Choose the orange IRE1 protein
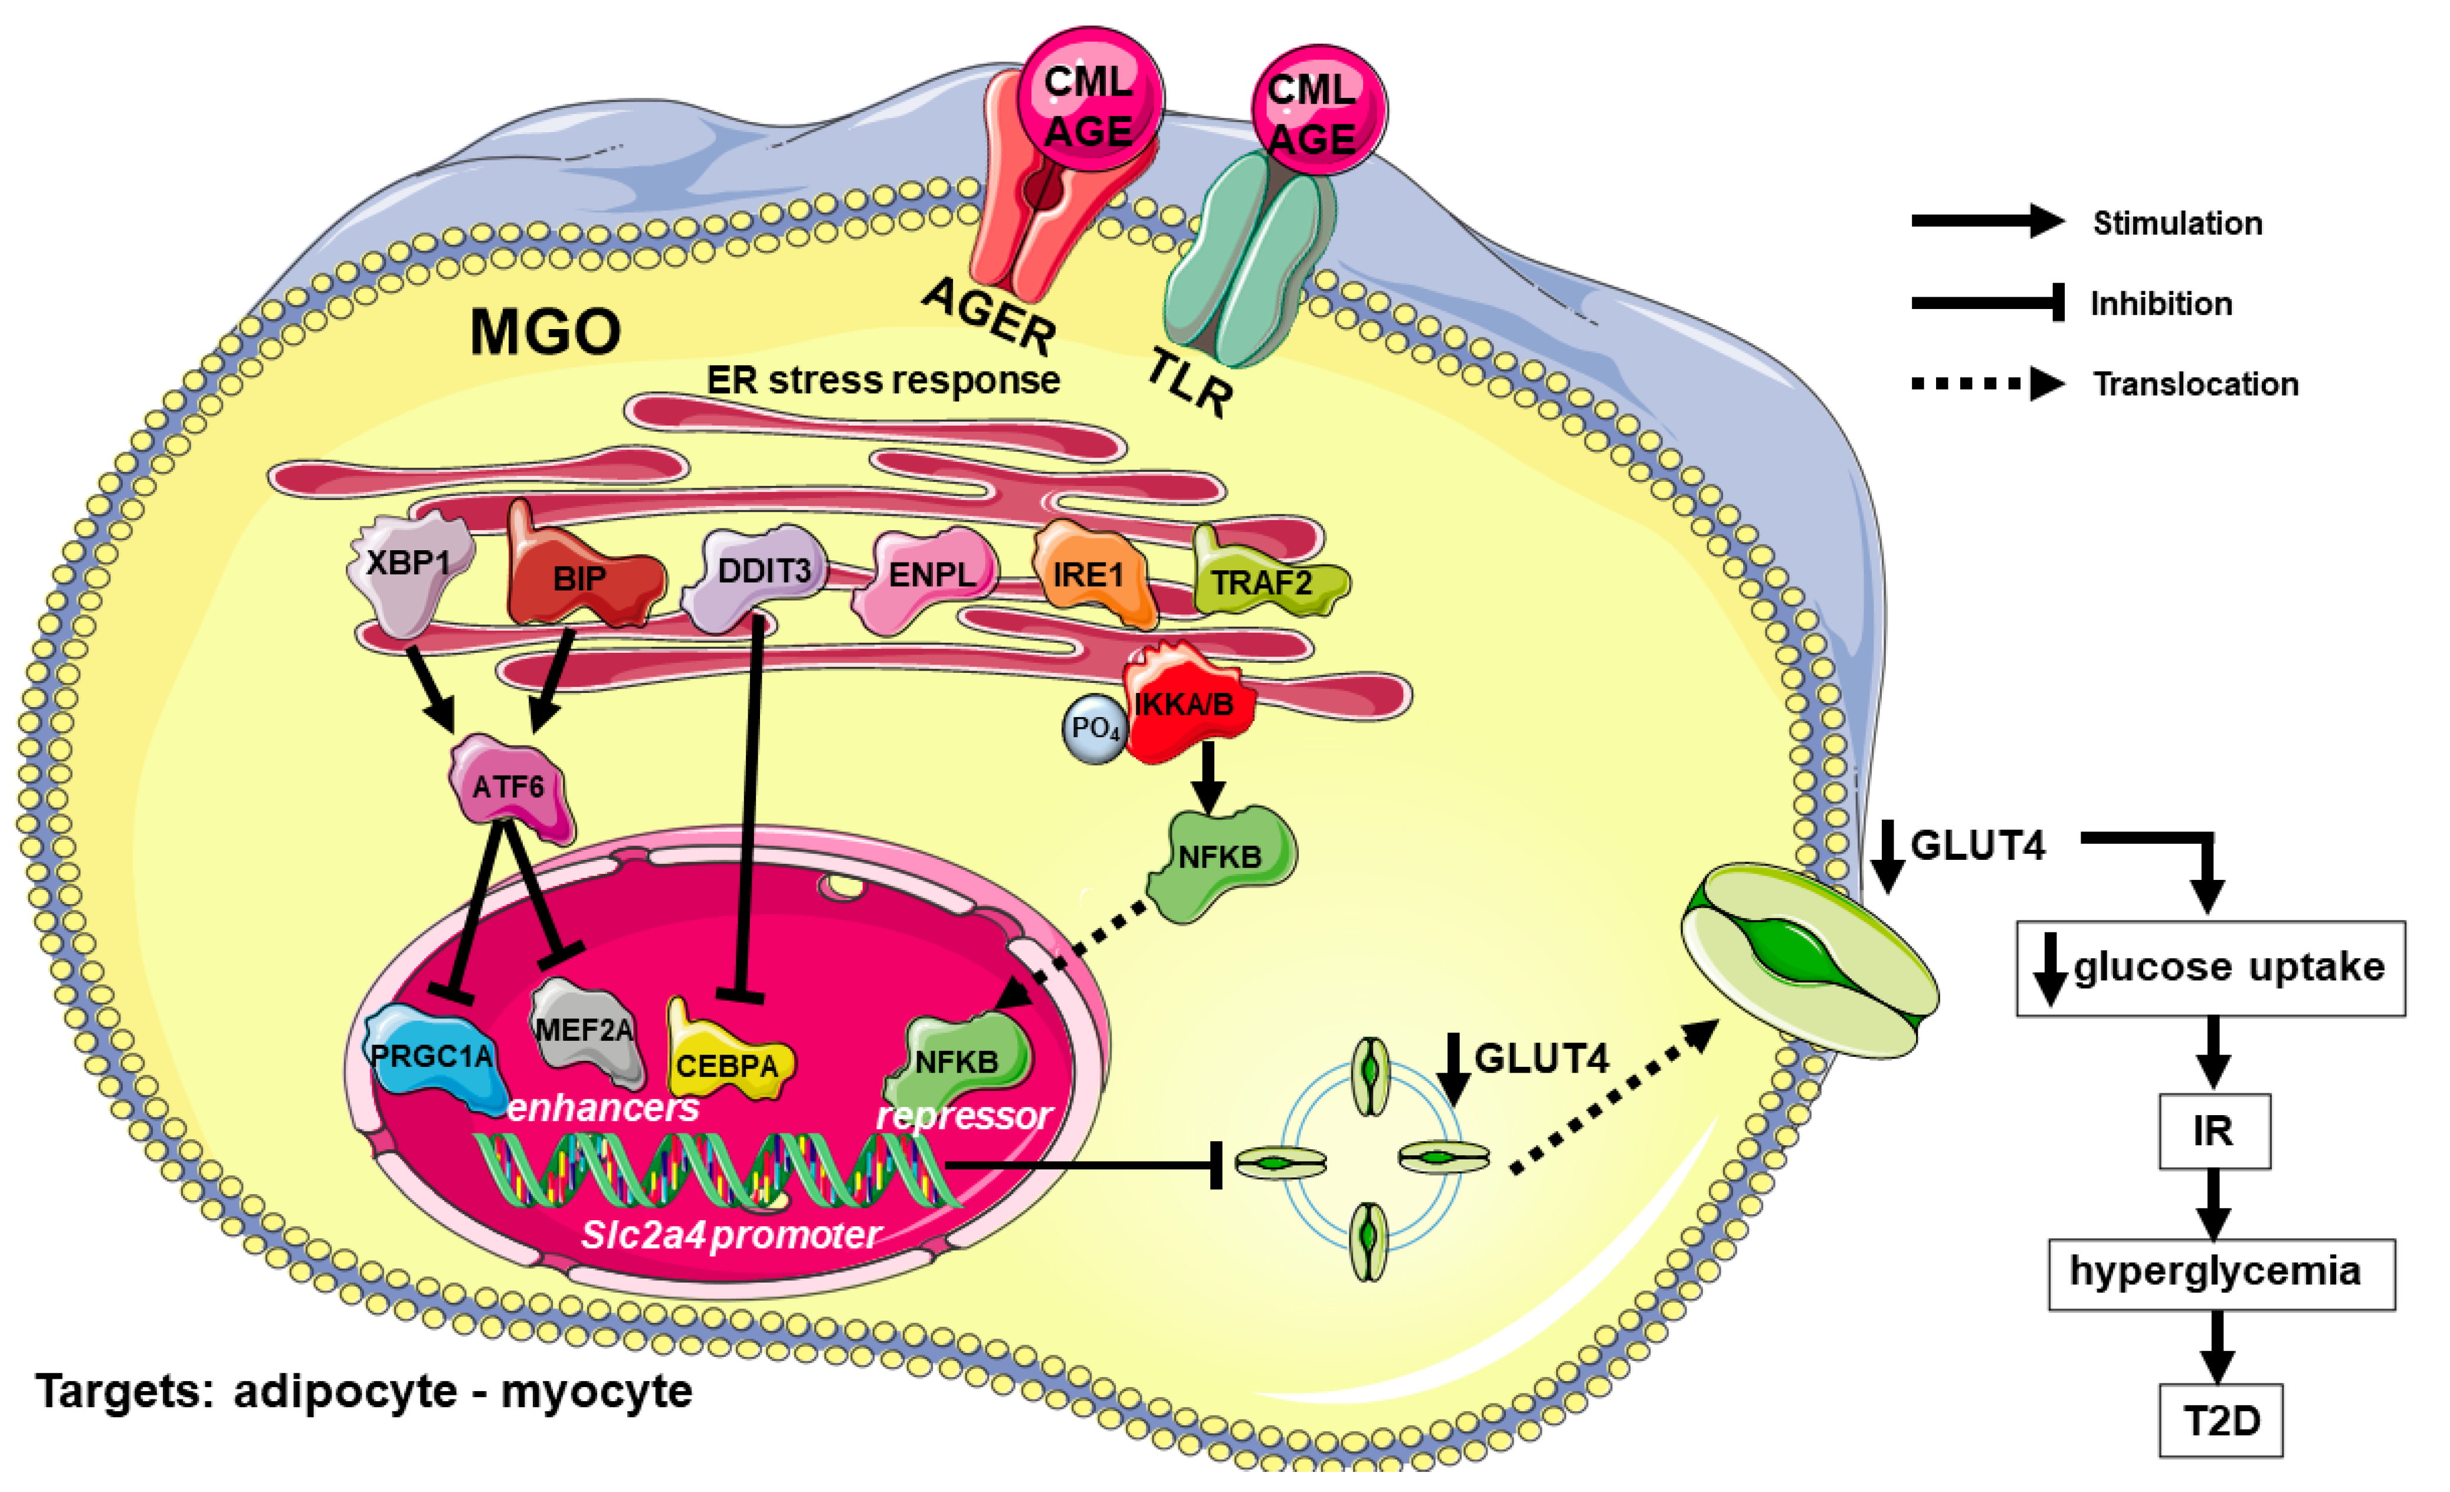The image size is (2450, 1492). click(x=1091, y=574)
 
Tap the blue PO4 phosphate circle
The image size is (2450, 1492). click(x=1095, y=729)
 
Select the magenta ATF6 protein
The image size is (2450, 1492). click(x=510, y=787)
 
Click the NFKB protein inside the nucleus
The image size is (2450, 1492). click(x=957, y=1062)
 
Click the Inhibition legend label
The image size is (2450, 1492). click(x=2161, y=303)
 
